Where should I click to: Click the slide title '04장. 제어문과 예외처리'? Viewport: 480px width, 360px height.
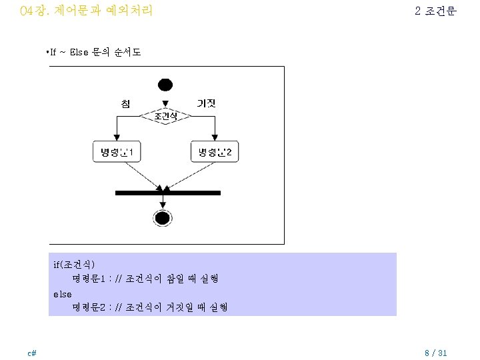pyautogui.click(x=87, y=11)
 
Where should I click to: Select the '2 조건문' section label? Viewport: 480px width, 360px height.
pyautogui.click(x=435, y=11)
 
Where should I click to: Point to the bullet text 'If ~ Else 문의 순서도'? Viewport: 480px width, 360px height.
pyautogui.click(x=95, y=52)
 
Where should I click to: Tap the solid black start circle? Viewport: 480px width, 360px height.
pyautogui.click(x=165, y=85)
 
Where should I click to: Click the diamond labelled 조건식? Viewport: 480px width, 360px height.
pyautogui.click(x=165, y=117)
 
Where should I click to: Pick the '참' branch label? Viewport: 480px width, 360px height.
pyautogui.click(x=125, y=103)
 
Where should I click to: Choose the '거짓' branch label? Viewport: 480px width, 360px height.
pyautogui.click(x=205, y=103)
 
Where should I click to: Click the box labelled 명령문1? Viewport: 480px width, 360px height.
pyautogui.click(x=117, y=153)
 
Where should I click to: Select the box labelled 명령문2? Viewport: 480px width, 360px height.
pyautogui.click(x=215, y=153)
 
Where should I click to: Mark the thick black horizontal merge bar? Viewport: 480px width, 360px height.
pyautogui.click(x=167, y=193)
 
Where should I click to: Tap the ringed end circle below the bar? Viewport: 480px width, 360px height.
pyautogui.click(x=163, y=217)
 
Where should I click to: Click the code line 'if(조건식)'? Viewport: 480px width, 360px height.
pyautogui.click(x=75, y=265)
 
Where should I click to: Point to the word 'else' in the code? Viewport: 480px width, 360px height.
pyautogui.click(x=62, y=293)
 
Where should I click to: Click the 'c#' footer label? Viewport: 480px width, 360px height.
pyautogui.click(x=31, y=353)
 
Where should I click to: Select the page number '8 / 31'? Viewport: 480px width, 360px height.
pyautogui.click(x=436, y=353)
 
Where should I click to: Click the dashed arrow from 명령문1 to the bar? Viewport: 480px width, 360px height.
pyautogui.click(x=140, y=176)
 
